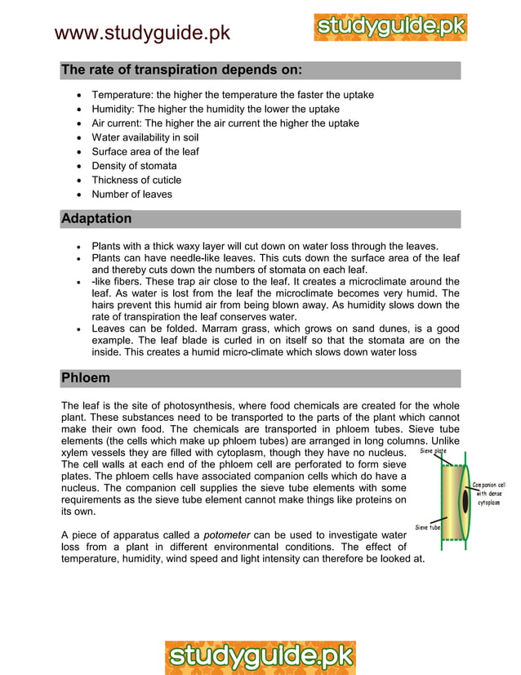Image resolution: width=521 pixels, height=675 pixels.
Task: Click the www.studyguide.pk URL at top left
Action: [142, 34]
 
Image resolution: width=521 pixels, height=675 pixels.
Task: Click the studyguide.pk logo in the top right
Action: [390, 27]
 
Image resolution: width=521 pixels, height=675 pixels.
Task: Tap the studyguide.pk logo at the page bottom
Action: [260, 656]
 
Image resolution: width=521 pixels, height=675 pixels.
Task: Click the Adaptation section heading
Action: [96, 219]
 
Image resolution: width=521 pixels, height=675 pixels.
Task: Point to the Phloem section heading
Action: [86, 378]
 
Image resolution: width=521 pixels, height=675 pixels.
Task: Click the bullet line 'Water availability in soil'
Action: [145, 137]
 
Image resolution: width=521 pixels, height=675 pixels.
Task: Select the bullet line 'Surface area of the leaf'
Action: [145, 151]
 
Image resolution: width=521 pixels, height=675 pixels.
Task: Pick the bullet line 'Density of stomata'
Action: [134, 166]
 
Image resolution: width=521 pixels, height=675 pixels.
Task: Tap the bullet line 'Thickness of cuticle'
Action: [136, 180]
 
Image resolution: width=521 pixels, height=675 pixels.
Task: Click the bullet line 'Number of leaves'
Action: [131, 194]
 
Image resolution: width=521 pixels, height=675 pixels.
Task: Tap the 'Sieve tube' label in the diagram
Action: [428, 527]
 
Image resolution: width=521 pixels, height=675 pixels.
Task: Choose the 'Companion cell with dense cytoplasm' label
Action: [492, 494]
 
